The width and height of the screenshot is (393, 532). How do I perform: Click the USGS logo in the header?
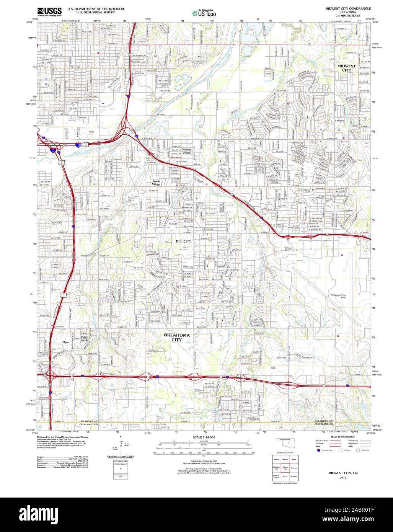point(49,12)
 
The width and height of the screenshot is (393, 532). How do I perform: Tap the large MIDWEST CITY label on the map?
point(346,68)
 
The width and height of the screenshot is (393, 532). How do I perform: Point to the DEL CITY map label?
point(183,242)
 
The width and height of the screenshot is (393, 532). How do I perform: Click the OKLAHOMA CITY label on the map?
point(176,337)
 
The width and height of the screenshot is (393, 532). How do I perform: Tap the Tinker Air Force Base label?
point(338,296)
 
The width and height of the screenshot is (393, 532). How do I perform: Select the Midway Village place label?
point(186,151)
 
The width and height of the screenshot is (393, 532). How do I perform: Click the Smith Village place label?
point(156,183)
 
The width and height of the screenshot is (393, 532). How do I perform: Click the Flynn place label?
point(66,342)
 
